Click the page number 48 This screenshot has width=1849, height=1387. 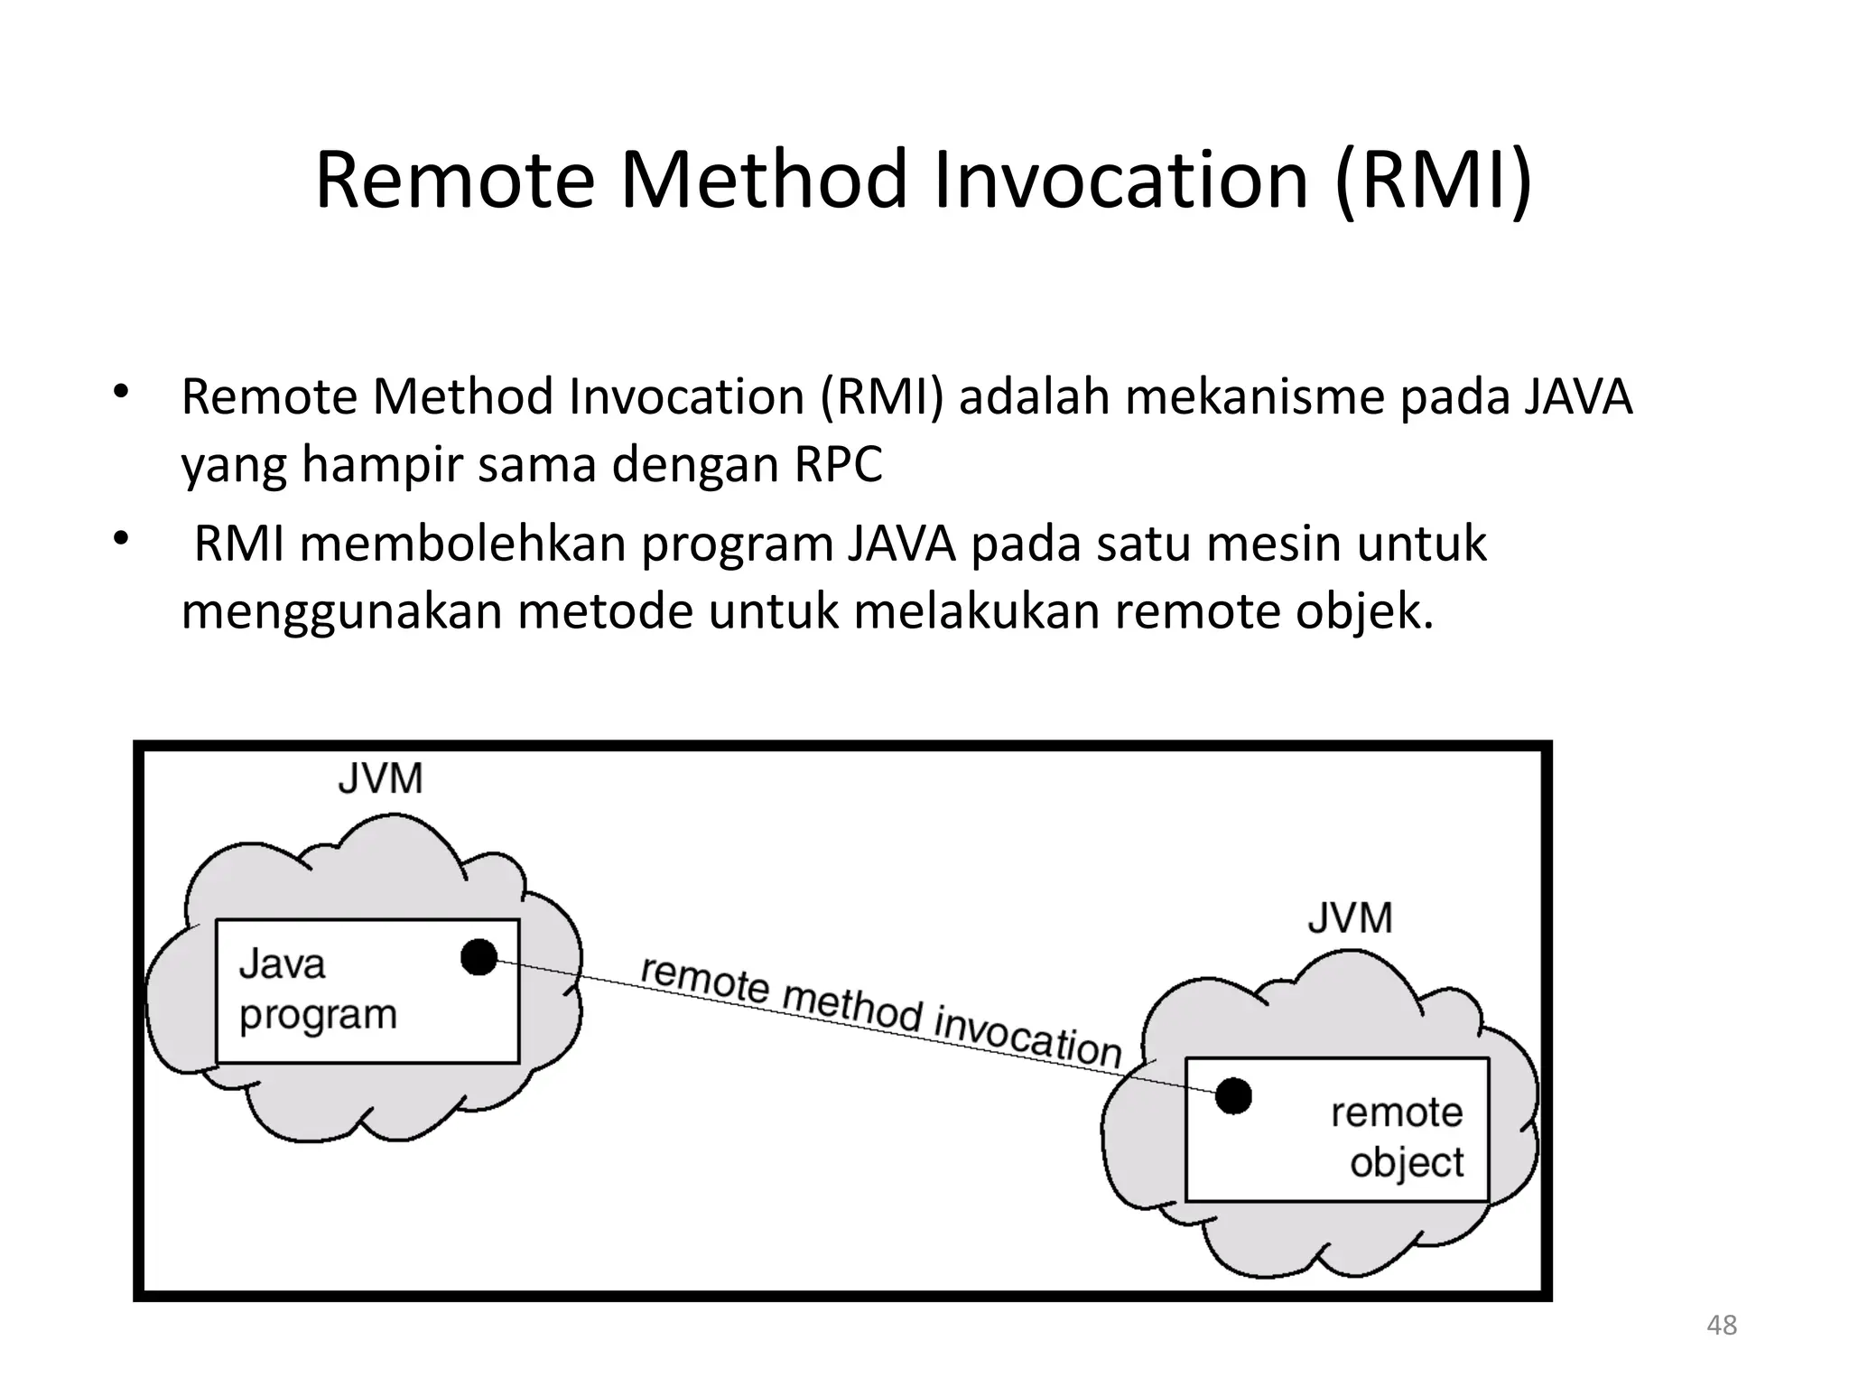(x=1722, y=1326)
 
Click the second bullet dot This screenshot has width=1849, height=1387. (x=122, y=541)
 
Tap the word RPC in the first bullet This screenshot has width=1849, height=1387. (x=838, y=465)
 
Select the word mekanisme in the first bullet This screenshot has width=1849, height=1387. (x=1253, y=397)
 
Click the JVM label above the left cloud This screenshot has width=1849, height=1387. (x=380, y=778)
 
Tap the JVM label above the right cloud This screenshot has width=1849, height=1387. (x=1350, y=918)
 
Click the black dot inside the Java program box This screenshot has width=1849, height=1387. (x=479, y=957)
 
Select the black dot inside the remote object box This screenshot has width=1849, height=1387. (x=1233, y=1096)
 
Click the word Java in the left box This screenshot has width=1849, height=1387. (x=282, y=964)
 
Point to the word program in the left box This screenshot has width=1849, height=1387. (x=318, y=1015)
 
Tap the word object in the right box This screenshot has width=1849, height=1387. (x=1406, y=1163)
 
